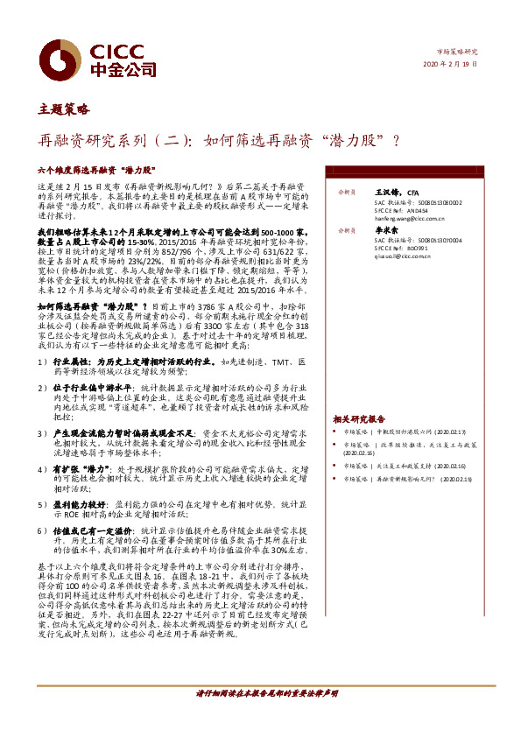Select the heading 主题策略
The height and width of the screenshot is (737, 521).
tap(63, 109)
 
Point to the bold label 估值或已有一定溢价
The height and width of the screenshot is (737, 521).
tap(82, 530)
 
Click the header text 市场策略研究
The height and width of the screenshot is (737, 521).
tap(457, 53)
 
